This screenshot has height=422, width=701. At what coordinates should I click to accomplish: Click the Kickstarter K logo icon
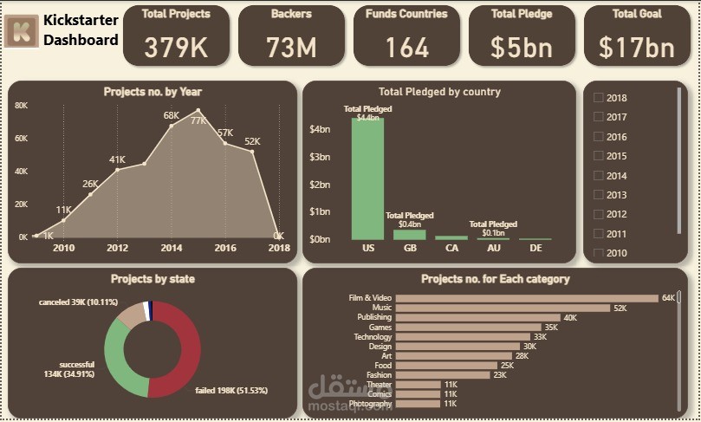coord(21,31)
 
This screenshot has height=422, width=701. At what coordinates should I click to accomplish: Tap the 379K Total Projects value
coord(176,48)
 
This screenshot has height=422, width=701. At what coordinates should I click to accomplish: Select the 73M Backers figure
coord(291,48)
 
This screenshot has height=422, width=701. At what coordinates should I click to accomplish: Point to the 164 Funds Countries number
coord(406,48)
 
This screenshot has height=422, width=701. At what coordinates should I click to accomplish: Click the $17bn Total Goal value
coord(637,48)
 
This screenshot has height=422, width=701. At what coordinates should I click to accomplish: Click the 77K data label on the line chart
coord(198,120)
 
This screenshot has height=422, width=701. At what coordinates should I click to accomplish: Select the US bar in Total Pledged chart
coord(367,178)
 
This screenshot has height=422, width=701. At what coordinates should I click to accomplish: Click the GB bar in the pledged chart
coord(409,234)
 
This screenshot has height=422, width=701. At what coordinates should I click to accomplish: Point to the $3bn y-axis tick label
coord(320,157)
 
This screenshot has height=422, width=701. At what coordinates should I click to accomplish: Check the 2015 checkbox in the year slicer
coord(598,157)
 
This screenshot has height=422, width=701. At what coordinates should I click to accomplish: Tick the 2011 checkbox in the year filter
coord(598,234)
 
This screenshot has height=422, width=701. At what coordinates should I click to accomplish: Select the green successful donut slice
coord(115,355)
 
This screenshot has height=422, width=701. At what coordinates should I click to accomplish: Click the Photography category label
coord(370,404)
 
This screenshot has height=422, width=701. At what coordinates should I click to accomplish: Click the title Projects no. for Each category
coord(495,279)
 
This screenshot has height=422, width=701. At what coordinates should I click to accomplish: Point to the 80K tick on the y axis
coord(22,106)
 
